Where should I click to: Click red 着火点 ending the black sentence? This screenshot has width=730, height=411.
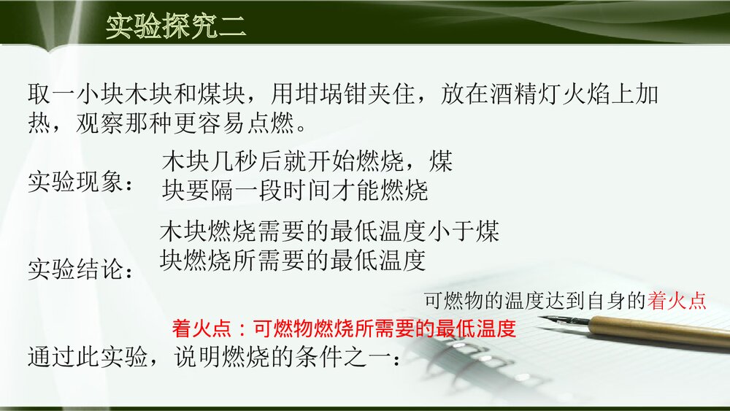click(677, 301)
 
